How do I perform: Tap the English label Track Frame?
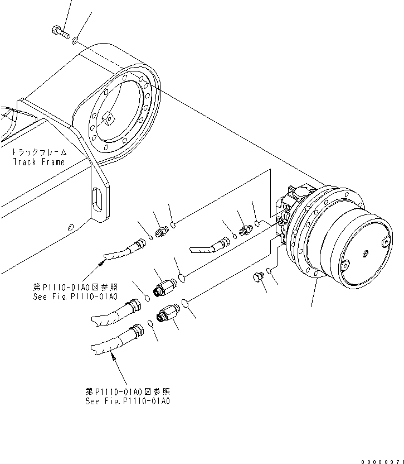tap(39, 162)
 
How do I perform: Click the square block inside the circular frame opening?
tap(108, 118)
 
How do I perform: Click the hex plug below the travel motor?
tap(258, 278)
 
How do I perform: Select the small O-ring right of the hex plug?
tap(270, 271)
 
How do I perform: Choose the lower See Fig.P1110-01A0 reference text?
tap(128, 400)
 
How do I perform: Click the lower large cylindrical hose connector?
tap(168, 315)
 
